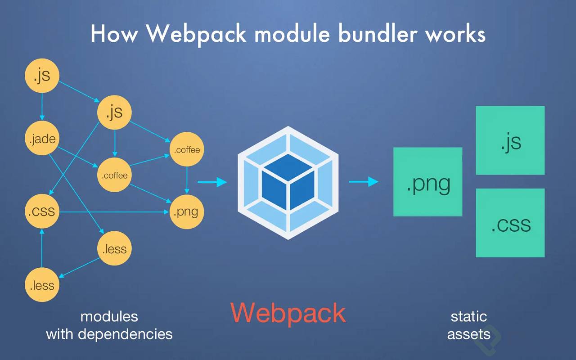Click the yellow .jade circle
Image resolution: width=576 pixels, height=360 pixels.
point(42,138)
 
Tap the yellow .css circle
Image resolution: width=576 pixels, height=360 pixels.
point(42,211)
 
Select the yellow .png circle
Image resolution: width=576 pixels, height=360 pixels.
point(187,211)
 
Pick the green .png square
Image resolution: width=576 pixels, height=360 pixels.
point(428,182)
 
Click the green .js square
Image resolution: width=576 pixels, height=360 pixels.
point(510,140)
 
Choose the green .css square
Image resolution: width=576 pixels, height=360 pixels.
point(510,223)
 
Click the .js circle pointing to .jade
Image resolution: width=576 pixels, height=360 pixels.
point(42,76)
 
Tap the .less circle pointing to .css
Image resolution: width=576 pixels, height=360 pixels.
point(42,285)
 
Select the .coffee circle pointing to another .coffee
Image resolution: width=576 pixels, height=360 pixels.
point(114,175)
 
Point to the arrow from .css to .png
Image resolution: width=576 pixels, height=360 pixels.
point(114,212)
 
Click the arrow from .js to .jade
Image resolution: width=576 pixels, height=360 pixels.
point(42,107)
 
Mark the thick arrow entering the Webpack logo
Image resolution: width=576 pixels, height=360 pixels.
point(212,182)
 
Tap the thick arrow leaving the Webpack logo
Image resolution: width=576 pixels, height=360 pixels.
point(364,182)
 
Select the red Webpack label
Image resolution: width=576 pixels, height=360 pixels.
point(288,313)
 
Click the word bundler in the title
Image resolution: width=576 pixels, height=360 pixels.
point(378,34)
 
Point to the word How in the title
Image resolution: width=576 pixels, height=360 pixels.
point(114,34)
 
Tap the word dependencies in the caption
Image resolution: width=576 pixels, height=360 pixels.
point(125,334)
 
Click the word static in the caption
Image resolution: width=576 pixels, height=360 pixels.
point(469,316)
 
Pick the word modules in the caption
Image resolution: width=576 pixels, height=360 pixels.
point(109,316)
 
